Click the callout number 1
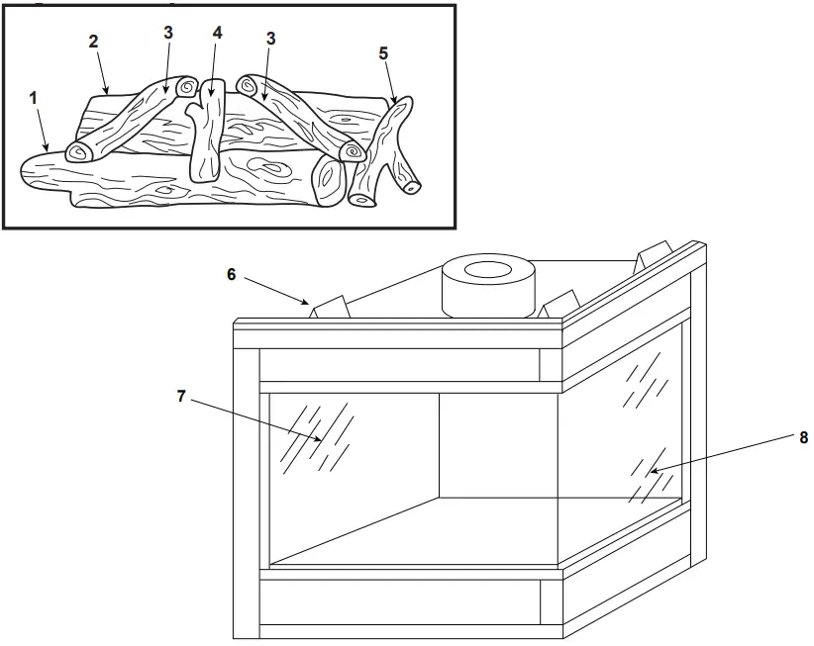pyautogui.click(x=33, y=98)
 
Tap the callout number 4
pyautogui.click(x=217, y=32)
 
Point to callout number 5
pyautogui.click(x=383, y=52)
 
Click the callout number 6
pyautogui.click(x=231, y=274)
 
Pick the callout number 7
pyautogui.click(x=181, y=395)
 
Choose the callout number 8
pyautogui.click(x=803, y=435)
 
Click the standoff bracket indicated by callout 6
pyautogui.click(x=330, y=309)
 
